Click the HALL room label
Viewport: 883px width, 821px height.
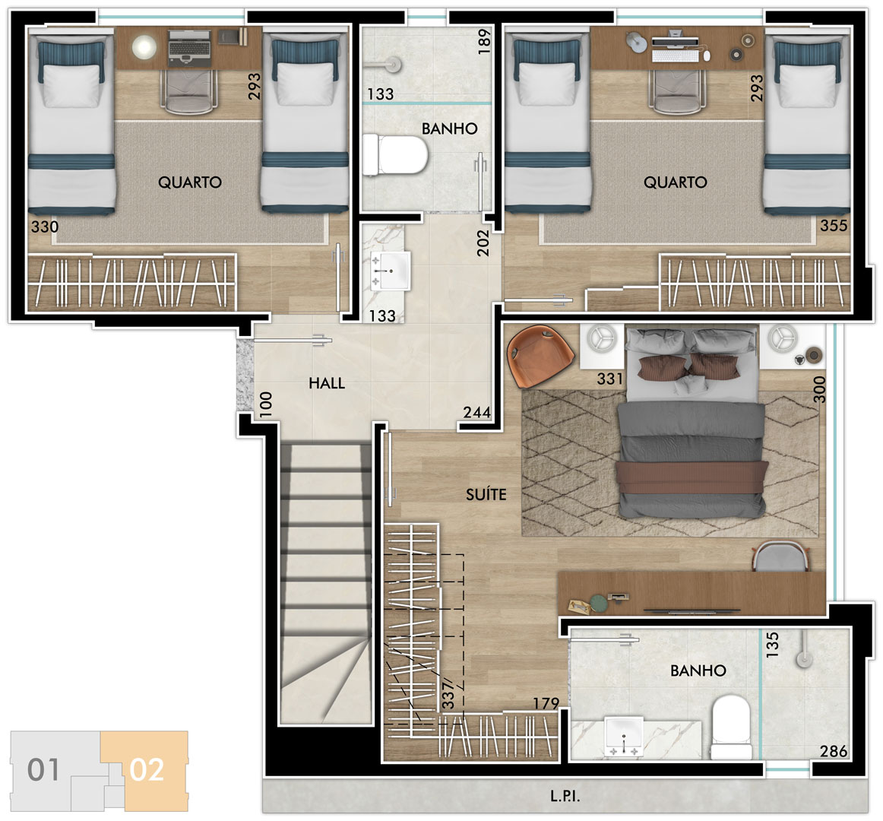point(327,383)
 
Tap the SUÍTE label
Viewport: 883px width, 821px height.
point(486,494)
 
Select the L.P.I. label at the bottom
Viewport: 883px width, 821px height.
point(565,796)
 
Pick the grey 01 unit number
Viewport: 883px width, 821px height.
point(43,770)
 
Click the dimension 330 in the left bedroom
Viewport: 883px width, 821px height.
point(45,227)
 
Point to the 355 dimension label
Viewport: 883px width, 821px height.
point(834,225)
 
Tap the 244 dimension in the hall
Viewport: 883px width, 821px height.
point(477,413)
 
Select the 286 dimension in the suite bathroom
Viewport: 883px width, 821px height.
point(834,751)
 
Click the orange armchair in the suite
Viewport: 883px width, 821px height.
point(540,357)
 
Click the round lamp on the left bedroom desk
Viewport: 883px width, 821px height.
point(144,47)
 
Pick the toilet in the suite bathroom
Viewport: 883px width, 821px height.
point(731,727)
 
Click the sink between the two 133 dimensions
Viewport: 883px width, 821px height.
point(390,271)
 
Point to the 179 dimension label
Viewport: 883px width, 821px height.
point(546,703)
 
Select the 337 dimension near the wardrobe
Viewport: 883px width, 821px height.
point(448,693)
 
